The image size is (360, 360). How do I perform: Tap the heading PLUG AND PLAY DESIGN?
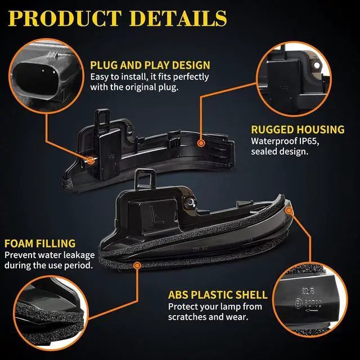pos(150,65)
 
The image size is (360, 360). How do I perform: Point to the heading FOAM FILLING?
pos(39,244)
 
